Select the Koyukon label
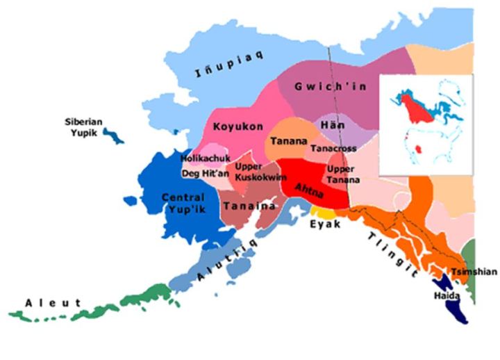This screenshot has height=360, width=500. [239, 126]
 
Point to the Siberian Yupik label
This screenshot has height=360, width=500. [84, 126]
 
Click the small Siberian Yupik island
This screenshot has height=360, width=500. [113, 134]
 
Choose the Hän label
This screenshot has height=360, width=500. [330, 124]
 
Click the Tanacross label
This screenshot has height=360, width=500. [333, 149]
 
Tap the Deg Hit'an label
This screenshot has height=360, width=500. [204, 173]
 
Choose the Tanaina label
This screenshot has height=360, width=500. [249, 206]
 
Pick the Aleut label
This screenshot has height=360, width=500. [53, 303]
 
